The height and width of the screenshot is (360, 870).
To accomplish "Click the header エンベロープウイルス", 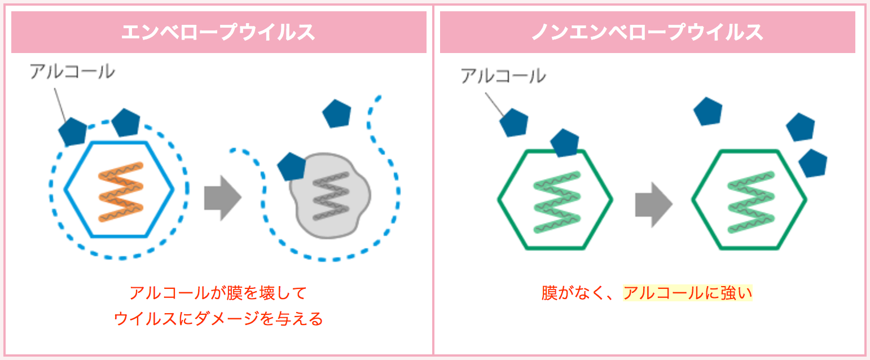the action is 218,32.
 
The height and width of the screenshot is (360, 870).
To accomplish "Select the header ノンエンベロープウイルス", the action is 648,32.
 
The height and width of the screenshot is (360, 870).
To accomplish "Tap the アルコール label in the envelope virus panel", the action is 72,72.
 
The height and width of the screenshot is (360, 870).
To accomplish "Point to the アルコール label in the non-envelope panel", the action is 503,76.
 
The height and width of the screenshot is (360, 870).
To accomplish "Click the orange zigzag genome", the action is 121,192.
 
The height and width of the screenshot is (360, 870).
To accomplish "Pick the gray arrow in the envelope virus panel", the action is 223,198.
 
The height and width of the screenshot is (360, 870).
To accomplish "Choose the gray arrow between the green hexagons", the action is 654,205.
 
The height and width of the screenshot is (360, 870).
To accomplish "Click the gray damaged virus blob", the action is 330,196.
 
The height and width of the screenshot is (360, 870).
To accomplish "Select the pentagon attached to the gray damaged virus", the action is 292,167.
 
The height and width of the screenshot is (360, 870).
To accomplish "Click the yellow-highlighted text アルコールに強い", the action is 687,293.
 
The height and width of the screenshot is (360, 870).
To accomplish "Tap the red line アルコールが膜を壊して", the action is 218,293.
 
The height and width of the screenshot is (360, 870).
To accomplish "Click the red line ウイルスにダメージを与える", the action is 218,319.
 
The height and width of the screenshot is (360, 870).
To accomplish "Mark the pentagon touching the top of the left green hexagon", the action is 565,143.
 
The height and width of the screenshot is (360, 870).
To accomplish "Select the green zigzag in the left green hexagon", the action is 557,202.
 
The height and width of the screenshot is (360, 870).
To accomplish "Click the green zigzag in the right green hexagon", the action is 751,202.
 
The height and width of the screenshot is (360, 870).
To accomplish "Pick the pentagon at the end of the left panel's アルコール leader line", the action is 73,132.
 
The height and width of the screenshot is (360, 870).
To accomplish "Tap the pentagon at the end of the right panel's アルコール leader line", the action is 514,122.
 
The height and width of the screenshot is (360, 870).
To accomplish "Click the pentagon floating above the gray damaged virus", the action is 337,114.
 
